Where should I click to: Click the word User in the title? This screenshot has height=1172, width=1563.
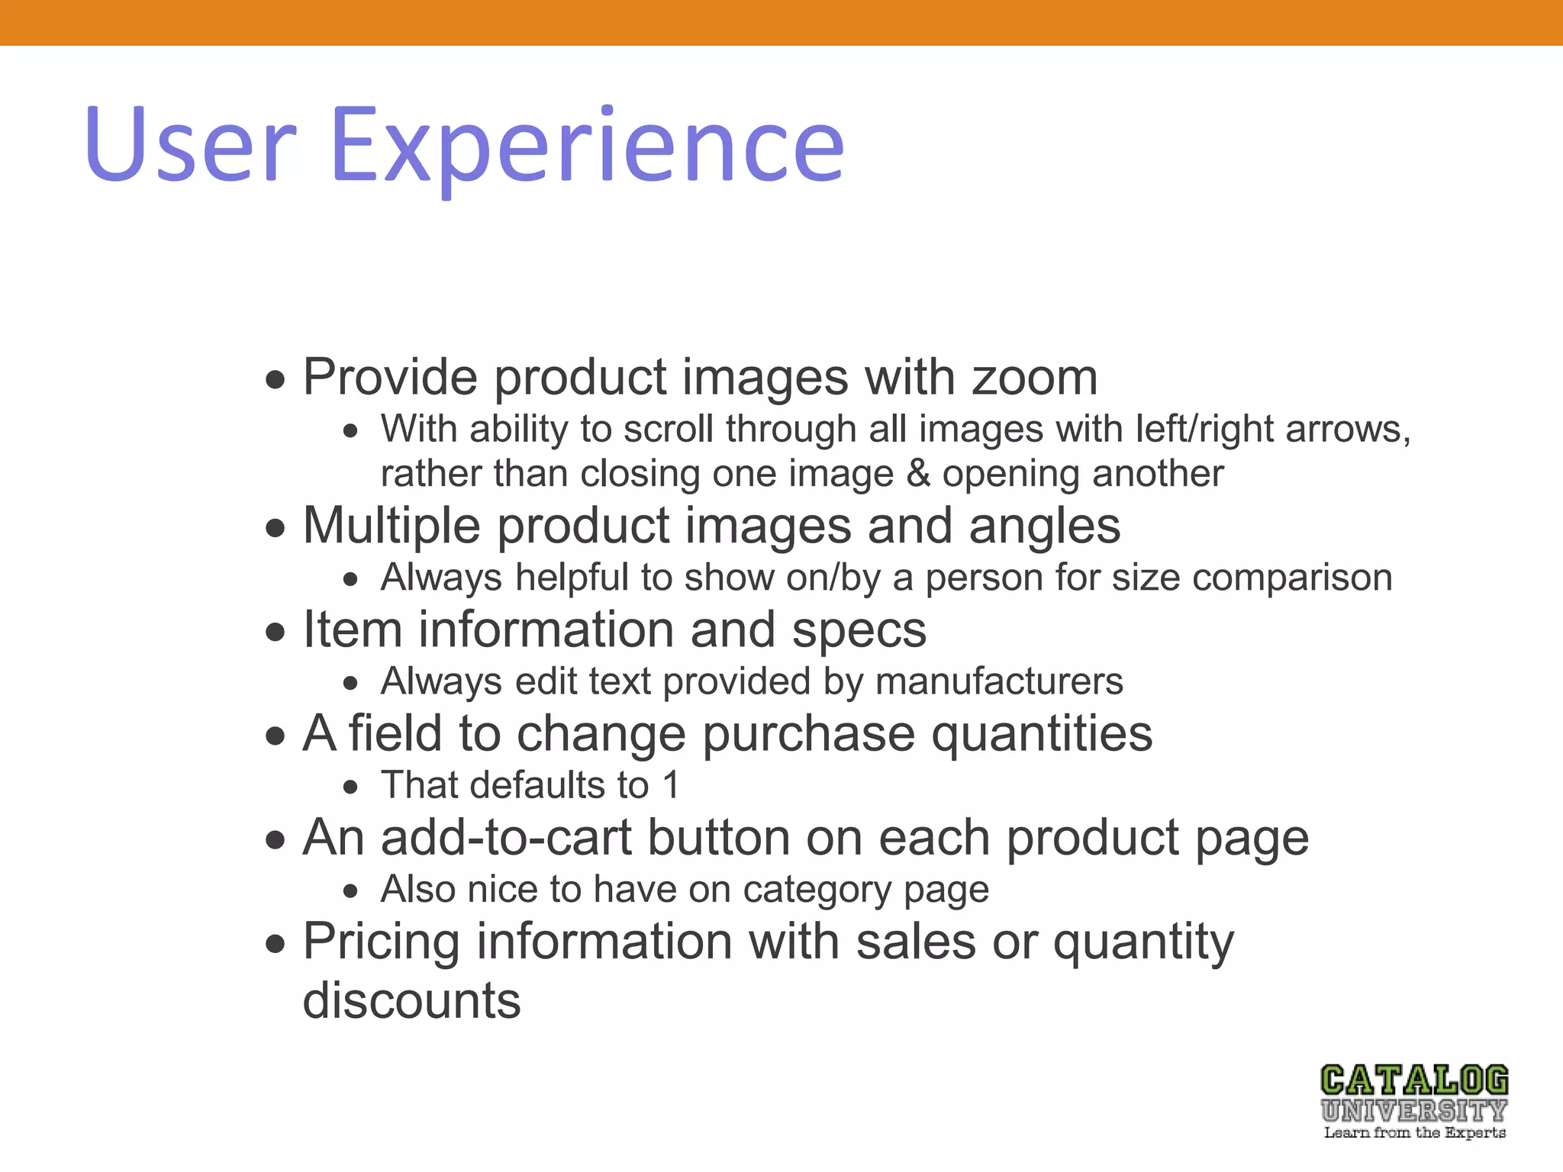(x=190, y=144)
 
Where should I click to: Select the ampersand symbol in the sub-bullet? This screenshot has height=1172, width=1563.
(x=918, y=473)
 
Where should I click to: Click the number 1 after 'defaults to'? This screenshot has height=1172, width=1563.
(x=671, y=785)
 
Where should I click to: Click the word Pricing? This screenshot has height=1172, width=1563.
(x=382, y=942)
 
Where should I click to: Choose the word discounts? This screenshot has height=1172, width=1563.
(x=411, y=1000)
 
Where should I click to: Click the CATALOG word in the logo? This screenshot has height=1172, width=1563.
(x=1414, y=1080)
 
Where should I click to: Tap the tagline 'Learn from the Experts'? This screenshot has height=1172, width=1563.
(x=1414, y=1132)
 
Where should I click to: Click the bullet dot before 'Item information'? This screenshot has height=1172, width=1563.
(x=276, y=632)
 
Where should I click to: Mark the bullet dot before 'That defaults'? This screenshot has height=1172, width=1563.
(x=350, y=787)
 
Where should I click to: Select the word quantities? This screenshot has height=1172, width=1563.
(x=1042, y=734)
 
